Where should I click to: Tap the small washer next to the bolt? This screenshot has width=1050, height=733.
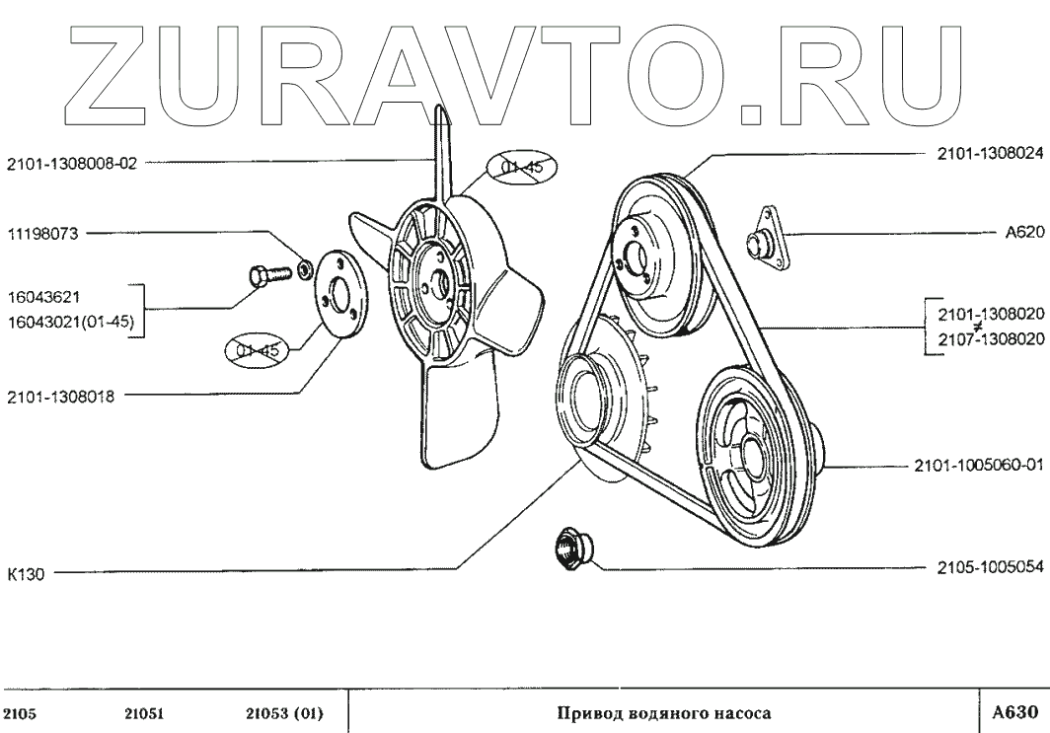(305, 264)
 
